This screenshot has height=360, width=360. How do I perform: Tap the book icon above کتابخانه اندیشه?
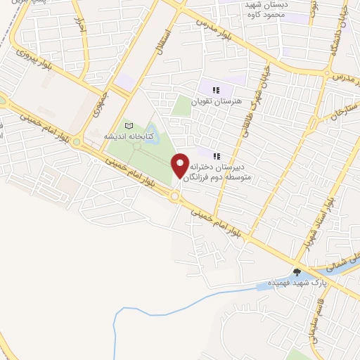128,126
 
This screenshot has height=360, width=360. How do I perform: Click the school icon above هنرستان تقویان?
217,90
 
